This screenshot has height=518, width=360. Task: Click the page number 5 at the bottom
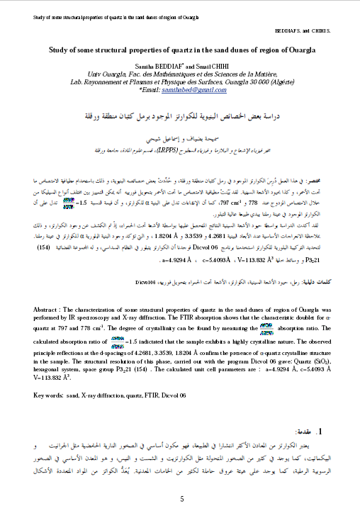coord(181,480)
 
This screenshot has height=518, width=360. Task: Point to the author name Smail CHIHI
coord(211,64)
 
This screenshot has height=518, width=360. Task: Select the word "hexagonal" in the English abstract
coord(49,369)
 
